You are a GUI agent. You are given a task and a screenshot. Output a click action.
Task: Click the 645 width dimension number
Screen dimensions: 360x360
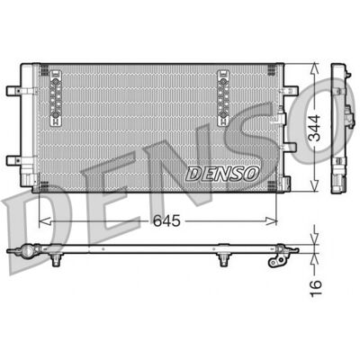[x=166, y=221]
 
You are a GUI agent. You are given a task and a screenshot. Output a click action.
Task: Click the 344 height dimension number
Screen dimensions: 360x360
[x=315, y=128]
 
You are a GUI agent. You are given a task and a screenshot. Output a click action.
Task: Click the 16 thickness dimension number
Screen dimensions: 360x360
[x=315, y=288]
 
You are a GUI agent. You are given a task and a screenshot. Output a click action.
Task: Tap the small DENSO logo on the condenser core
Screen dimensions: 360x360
[x=222, y=174]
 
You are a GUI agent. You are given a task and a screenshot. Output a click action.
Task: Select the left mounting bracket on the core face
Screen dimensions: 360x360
[x=56, y=98]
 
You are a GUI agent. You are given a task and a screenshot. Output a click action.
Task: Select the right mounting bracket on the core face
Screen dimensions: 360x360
[x=223, y=98]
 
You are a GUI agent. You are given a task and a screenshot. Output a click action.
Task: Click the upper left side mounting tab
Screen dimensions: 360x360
[x=13, y=91]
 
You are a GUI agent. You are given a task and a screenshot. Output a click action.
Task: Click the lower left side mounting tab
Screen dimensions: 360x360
[x=13, y=160]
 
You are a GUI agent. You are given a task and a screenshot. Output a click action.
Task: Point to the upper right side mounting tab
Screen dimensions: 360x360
[x=291, y=91]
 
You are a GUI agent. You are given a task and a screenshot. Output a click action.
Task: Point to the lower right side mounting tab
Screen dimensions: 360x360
[x=290, y=147]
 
